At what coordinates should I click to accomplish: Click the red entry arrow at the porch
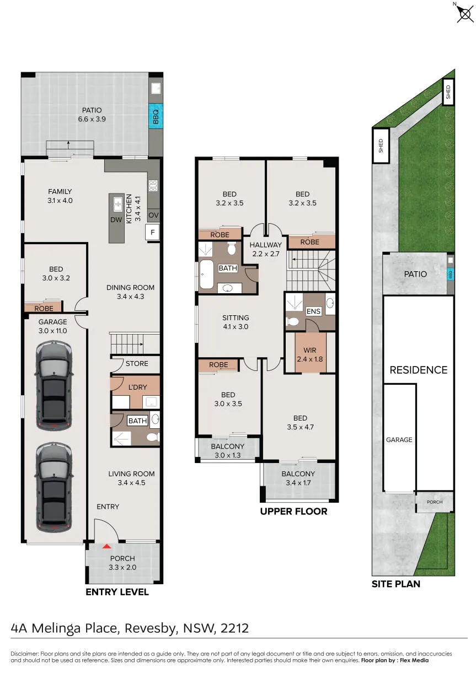click(x=107, y=546)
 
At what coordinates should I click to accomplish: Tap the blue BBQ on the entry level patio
click(x=156, y=116)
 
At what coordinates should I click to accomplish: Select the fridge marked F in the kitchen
click(x=152, y=232)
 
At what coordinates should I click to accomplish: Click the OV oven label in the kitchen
click(x=153, y=215)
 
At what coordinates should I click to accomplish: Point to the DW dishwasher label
click(x=116, y=219)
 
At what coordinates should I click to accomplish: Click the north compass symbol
click(x=465, y=14)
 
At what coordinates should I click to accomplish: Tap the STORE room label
click(x=137, y=364)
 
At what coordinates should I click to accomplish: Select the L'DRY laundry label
click(x=138, y=387)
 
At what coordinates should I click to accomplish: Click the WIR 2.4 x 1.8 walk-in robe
click(x=310, y=354)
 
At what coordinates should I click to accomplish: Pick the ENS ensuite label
click(x=313, y=311)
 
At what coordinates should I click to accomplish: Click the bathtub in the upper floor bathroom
click(x=206, y=274)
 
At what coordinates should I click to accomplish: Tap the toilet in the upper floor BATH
click(x=231, y=249)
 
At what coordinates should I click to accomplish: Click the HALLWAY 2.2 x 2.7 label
click(x=266, y=249)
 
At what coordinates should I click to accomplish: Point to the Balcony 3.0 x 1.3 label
click(x=228, y=451)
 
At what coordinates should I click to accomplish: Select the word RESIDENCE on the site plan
click(x=419, y=370)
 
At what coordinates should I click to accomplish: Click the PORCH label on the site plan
click(x=435, y=502)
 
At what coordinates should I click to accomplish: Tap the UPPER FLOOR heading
click(x=293, y=512)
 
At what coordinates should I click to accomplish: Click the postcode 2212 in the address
click(x=235, y=628)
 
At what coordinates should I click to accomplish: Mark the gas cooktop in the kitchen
click(x=153, y=186)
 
